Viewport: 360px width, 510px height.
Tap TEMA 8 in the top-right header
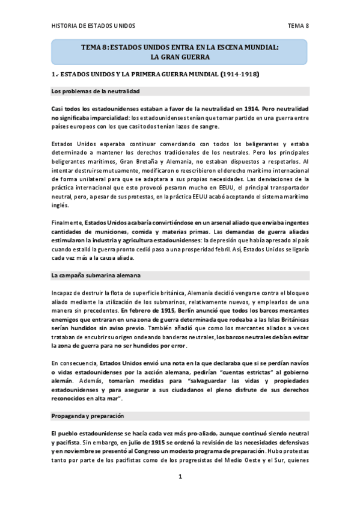[298, 26]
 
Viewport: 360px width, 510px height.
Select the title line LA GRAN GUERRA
[180, 57]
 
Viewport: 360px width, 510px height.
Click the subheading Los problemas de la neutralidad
[96, 91]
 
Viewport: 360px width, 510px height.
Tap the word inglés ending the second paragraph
[61, 206]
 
